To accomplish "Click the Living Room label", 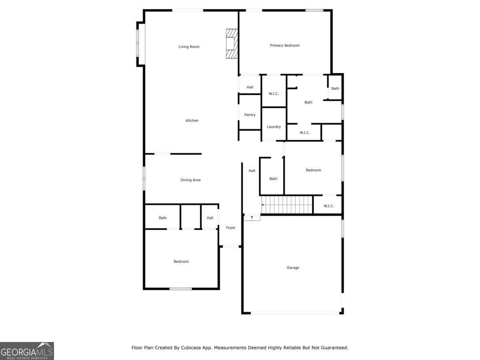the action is pos(189,46).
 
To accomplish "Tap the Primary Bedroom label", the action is pos(284,46).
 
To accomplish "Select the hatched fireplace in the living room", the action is pos(232,44).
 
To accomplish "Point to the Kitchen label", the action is pos(192,120).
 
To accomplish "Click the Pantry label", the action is pos(250,115).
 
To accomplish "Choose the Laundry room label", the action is pos(274,127).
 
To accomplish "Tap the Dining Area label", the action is pos(190,180).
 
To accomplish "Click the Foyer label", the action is pos(231,228).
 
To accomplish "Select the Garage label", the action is pos(292,268).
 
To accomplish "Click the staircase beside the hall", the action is pos(287,204).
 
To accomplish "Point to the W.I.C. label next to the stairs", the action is pos(328,206).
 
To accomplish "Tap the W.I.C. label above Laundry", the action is pos(274,94).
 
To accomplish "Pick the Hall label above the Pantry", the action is pos(250,87).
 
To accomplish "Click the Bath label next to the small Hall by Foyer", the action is pos(162,218).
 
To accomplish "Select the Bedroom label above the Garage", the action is pos(313,170).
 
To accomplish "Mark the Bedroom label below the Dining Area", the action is pos(181,262).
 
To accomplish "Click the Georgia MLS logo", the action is pos(27,351).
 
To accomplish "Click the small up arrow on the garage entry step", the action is pos(252,218).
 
